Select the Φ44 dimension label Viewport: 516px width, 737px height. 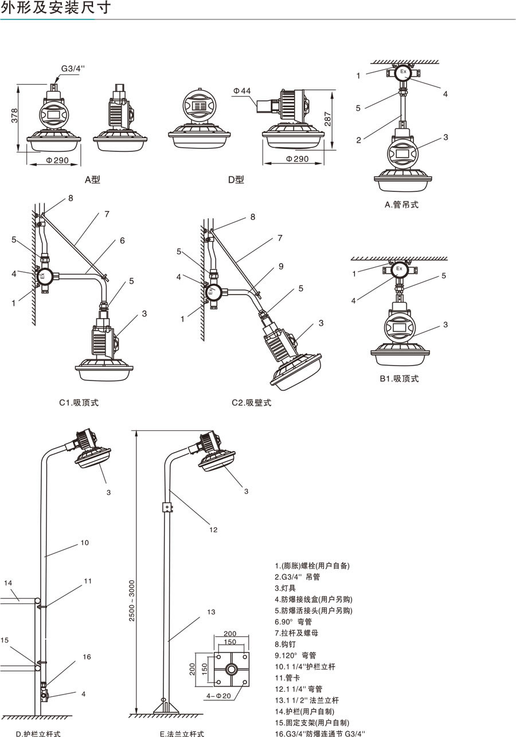coord(242,91)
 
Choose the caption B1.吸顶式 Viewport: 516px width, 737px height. coord(399,378)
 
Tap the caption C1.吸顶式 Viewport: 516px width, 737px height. coord(79,402)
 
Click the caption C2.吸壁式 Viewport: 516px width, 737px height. coord(251,402)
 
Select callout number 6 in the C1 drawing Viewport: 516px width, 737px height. coord(122,241)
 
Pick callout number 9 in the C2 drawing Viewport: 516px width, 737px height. coord(281,266)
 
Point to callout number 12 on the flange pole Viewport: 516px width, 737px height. coord(213,530)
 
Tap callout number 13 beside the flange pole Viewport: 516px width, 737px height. coord(211,612)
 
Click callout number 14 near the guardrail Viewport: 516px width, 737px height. coord(8,583)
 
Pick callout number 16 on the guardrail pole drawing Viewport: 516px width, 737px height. coord(87,657)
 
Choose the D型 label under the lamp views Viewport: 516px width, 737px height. coord(236,179)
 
